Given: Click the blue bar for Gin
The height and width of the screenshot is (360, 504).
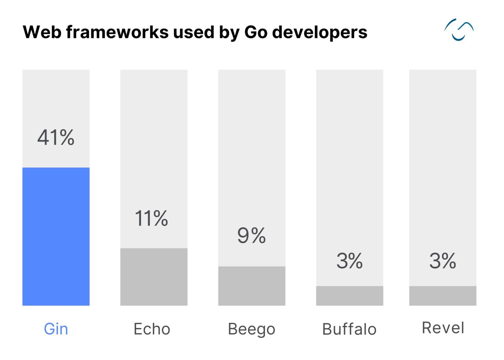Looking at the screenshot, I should (56, 236).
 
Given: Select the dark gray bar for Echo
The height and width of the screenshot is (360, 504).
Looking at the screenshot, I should (154, 277).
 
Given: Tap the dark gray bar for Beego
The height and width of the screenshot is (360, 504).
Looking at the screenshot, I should (252, 286).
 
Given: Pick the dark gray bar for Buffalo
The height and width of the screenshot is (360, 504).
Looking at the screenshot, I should (349, 296).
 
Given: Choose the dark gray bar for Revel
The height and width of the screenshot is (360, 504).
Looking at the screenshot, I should (442, 296).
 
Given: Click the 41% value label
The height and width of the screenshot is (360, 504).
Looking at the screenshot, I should (56, 137).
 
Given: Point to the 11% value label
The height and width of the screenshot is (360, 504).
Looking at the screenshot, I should (151, 218).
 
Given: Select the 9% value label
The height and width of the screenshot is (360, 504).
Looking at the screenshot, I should (251, 235).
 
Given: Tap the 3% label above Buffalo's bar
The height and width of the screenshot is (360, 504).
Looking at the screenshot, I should (349, 261).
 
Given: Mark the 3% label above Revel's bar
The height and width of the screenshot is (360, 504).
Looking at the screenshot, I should (442, 261).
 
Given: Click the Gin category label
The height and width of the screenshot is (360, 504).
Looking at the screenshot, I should (56, 329).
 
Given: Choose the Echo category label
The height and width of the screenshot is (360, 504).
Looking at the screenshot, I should (152, 329).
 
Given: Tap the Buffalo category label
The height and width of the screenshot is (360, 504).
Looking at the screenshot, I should (349, 329).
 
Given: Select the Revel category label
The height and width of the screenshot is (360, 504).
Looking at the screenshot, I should (443, 328).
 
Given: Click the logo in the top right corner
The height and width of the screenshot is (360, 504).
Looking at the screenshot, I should (459, 30).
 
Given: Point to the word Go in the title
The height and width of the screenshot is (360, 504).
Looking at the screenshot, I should (256, 32).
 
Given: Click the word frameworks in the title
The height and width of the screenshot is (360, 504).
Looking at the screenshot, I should (117, 32).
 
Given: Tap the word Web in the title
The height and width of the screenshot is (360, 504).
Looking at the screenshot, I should (42, 32).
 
